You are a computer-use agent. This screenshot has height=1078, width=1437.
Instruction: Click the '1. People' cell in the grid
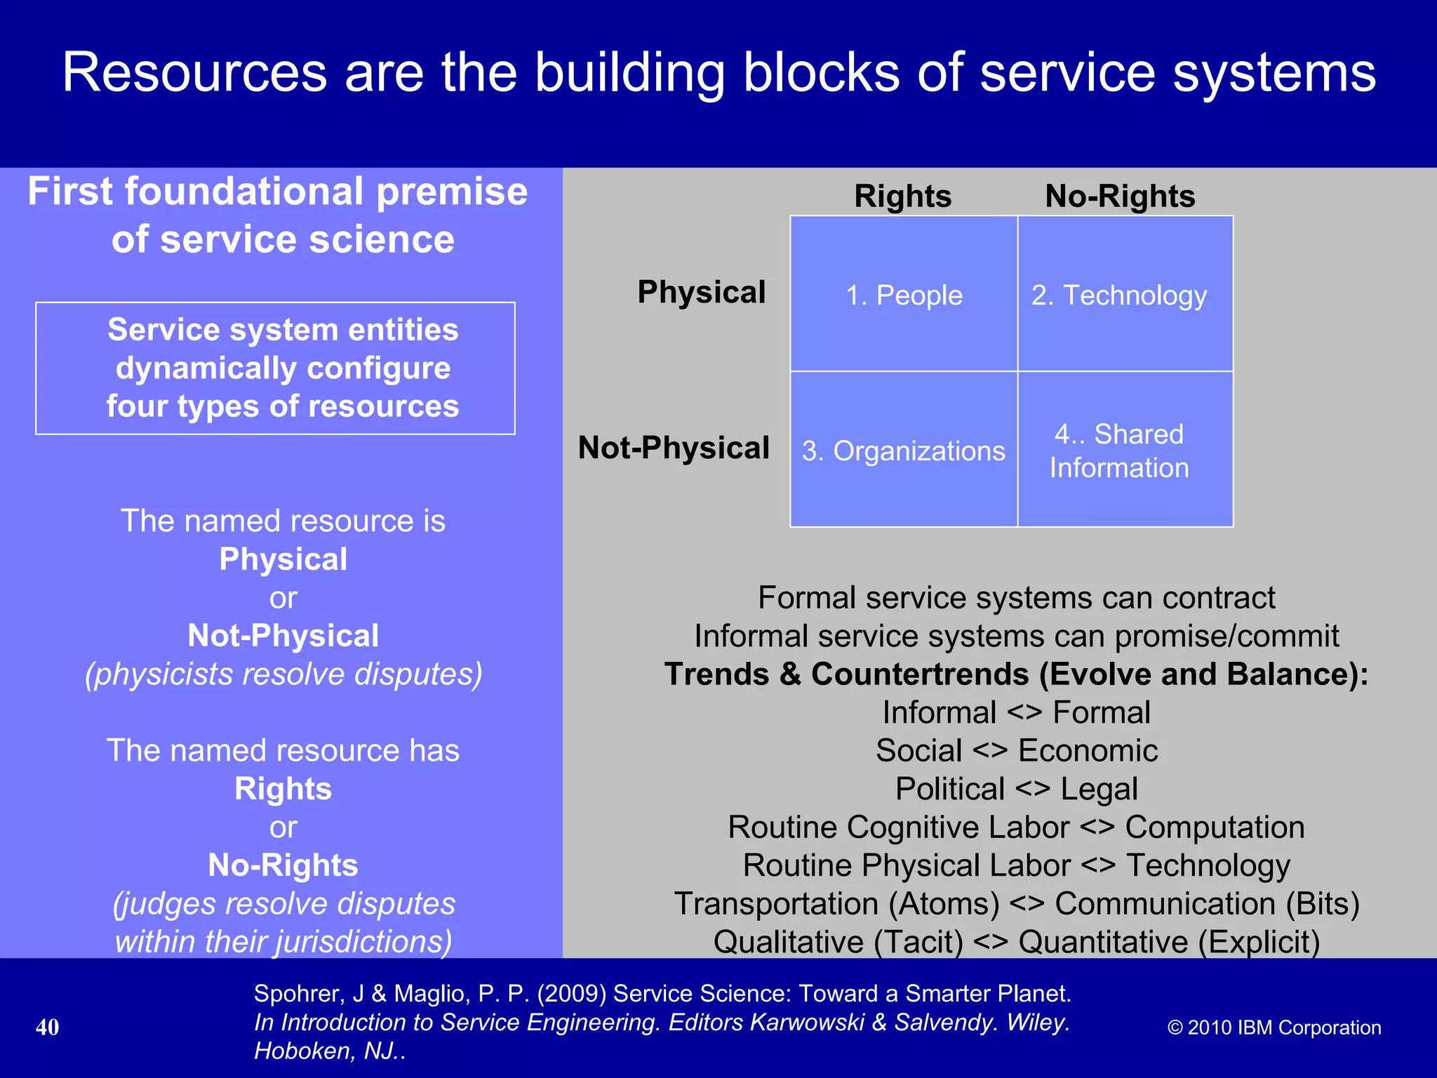pos(904,295)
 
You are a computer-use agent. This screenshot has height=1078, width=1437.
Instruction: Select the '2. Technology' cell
pos(1119,295)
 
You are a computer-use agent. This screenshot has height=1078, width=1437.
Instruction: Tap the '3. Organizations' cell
pos(904,451)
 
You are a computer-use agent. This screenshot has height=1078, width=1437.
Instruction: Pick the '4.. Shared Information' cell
pos(1119,451)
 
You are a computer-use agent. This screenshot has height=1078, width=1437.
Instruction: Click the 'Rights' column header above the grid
pos(902,196)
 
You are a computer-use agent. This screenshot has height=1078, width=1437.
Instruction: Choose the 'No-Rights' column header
pos(1120,196)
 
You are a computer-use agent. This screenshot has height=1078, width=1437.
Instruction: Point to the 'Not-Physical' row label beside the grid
pos(674,448)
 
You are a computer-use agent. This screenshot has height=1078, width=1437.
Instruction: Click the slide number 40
pos(48,1027)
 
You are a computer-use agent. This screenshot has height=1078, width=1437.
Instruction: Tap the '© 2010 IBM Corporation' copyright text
pos(1274,1027)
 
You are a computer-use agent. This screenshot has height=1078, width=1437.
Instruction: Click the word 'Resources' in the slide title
pos(195,72)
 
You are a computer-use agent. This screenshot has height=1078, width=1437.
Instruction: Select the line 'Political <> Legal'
pos(1016,789)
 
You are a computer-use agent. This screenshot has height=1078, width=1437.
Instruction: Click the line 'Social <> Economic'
pos(1016,751)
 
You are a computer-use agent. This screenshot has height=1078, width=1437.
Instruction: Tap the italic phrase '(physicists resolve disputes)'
pos(283,674)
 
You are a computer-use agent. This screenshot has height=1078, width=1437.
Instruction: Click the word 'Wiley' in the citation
pos(1036,1023)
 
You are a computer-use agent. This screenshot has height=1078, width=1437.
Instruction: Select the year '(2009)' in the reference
pos(571,994)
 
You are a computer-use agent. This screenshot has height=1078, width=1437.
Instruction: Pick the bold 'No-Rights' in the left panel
pos(283,865)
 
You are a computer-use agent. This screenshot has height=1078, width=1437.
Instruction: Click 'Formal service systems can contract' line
pos(1016,598)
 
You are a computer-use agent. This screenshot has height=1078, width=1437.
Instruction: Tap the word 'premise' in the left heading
pos(452,192)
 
